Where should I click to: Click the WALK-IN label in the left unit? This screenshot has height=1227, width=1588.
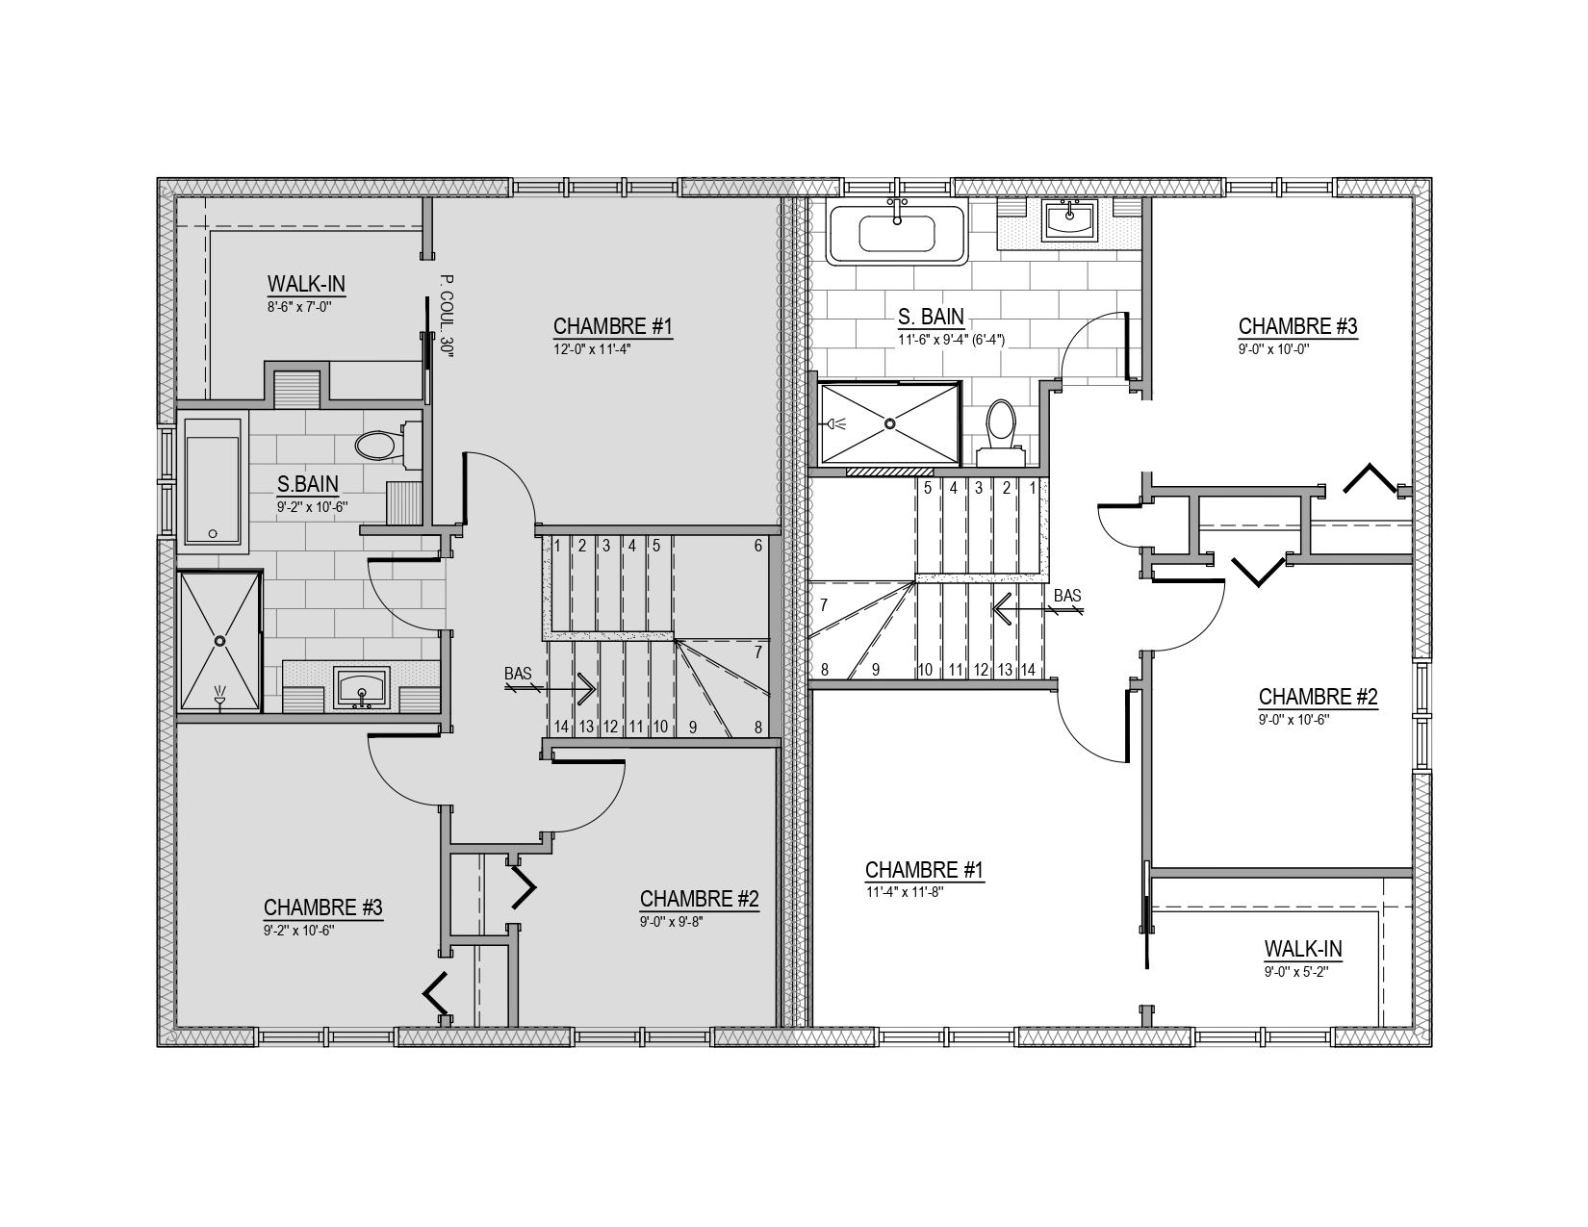306,284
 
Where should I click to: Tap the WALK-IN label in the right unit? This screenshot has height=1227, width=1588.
1303,949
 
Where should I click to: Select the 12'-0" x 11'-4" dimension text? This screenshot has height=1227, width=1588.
592,349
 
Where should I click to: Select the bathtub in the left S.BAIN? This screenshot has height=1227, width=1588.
212,481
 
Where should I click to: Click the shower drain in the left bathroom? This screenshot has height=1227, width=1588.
219,640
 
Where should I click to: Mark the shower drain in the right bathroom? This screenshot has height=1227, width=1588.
889,423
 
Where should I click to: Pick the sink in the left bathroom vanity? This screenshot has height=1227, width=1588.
362,688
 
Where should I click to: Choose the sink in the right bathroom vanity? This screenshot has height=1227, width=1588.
1070,220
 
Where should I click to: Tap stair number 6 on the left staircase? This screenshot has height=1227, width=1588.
757,545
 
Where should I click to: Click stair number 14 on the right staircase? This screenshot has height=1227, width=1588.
1028,670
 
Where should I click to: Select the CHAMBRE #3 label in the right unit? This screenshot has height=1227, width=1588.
1298,326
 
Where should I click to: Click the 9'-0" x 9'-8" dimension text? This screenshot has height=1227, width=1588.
672,922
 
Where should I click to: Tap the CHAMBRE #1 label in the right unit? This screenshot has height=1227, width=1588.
925,870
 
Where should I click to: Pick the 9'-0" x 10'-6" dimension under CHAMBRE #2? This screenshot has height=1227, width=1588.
1293,720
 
